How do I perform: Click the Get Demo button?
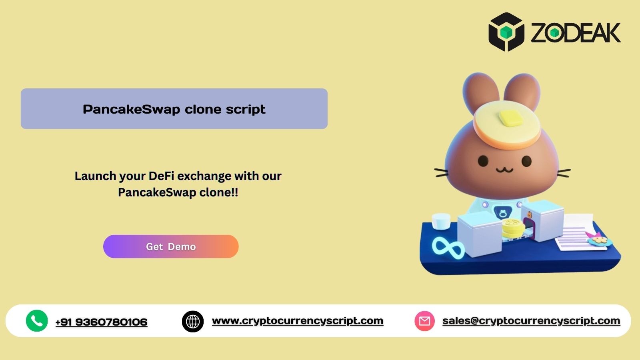click(x=171, y=246)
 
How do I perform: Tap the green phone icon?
click(x=37, y=321)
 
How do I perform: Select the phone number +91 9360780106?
click(x=101, y=322)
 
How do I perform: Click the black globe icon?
click(x=193, y=321)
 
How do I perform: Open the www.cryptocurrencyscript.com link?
click(x=298, y=321)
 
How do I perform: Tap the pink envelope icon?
click(x=424, y=321)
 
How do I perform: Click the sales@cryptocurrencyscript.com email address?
click(x=531, y=321)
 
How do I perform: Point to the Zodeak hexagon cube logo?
click(x=506, y=32)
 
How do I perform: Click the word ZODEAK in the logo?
click(x=576, y=33)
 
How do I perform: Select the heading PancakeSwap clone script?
click(x=174, y=109)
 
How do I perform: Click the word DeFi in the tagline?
click(x=161, y=176)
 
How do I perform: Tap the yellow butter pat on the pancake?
click(x=508, y=118)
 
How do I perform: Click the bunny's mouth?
click(x=504, y=170)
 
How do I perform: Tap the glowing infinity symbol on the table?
click(x=448, y=247)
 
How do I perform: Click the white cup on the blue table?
click(x=441, y=221)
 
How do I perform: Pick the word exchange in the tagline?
click(x=204, y=176)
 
